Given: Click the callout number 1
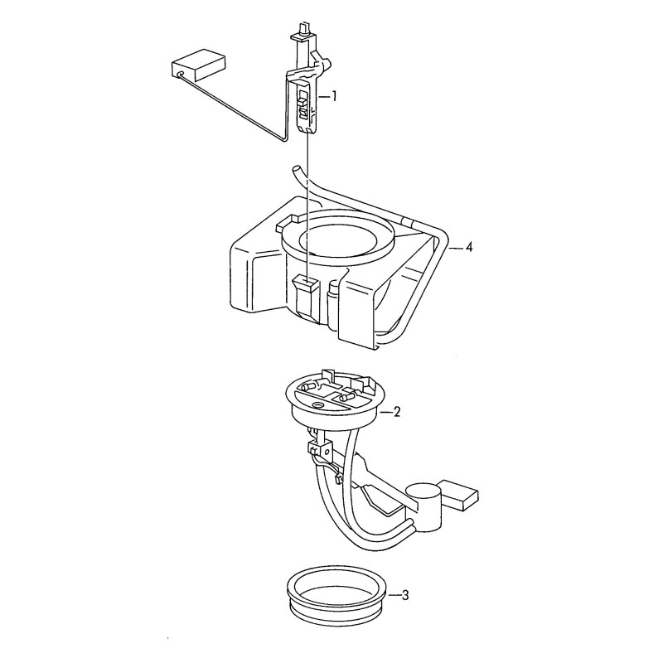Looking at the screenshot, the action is [334, 97].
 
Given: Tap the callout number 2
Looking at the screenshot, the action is [396, 412].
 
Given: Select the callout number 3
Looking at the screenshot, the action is [405, 596].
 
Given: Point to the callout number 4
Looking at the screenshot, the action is [468, 247].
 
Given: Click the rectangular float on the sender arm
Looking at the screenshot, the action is [197, 65].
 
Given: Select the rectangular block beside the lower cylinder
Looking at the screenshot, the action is [459, 496].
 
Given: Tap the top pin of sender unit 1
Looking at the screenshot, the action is [303, 29].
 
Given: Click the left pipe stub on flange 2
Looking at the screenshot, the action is [308, 386].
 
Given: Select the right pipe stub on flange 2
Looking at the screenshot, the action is [346, 396].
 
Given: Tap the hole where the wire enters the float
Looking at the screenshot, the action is [181, 74].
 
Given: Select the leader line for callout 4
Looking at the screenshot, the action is [456, 248].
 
